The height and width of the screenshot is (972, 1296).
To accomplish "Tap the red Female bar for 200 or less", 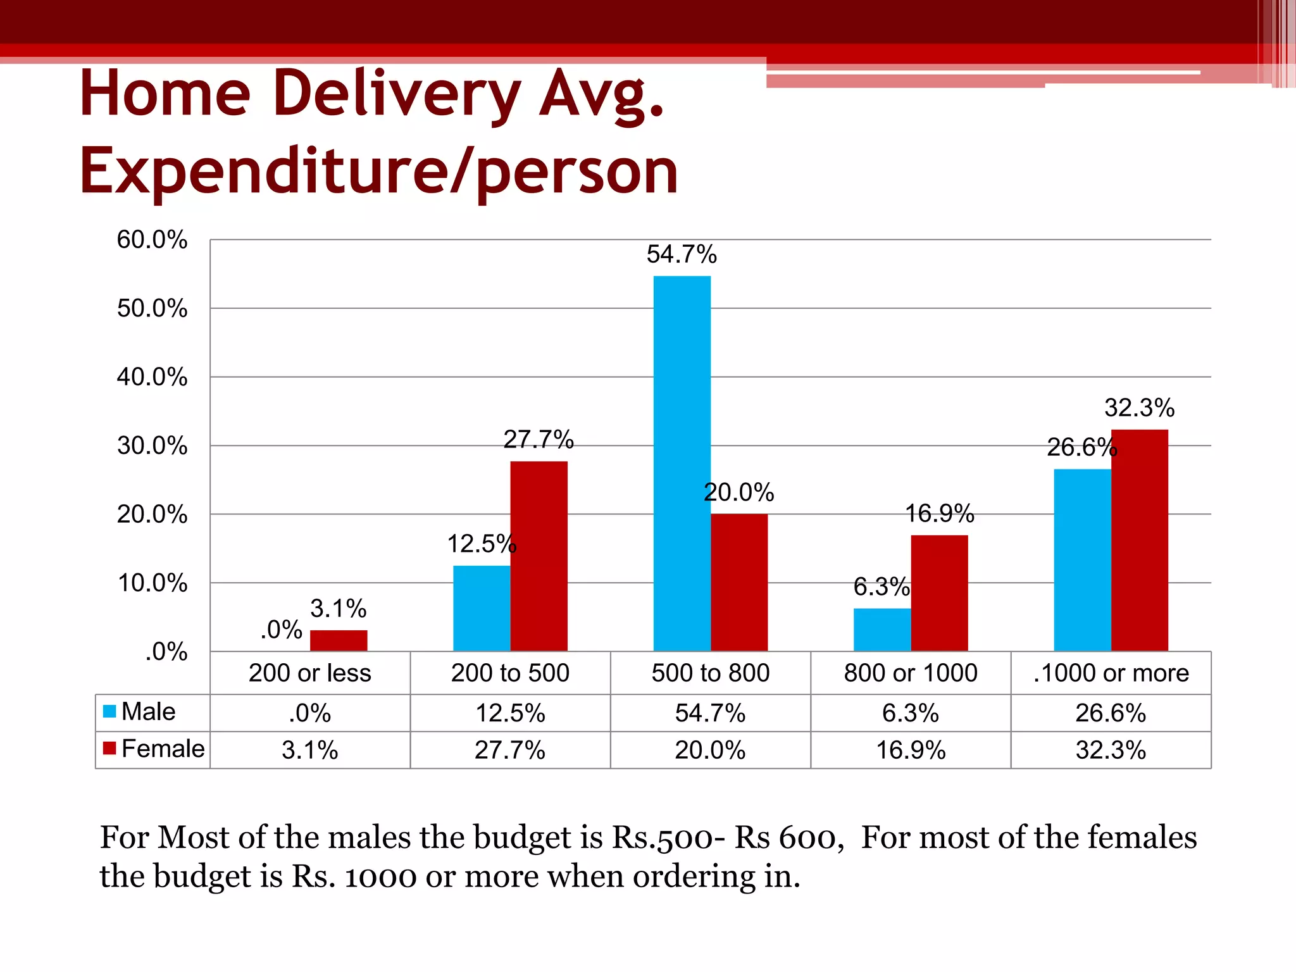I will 339,640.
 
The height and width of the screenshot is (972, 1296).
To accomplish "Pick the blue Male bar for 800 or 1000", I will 882,629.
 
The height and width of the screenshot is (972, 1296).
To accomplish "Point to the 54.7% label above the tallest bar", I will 682,254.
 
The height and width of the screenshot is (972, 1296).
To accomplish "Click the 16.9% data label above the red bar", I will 939,513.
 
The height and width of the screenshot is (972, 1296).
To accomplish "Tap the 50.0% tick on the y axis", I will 152,308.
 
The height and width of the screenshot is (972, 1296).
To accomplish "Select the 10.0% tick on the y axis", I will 152,583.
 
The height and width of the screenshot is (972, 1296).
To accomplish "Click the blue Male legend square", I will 109,711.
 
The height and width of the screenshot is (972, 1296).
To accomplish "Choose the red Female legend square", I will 109,749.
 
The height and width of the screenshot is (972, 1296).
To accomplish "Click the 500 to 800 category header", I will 710,673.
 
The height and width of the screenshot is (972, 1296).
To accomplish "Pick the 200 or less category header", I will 309,673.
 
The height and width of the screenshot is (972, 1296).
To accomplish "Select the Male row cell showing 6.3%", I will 910,713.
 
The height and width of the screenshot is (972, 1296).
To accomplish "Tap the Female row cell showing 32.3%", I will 1111,750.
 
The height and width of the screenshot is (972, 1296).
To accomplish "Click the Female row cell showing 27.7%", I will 510,750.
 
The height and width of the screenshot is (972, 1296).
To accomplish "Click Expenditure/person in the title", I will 378,171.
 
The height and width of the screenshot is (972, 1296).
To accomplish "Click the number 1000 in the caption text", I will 380,876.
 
